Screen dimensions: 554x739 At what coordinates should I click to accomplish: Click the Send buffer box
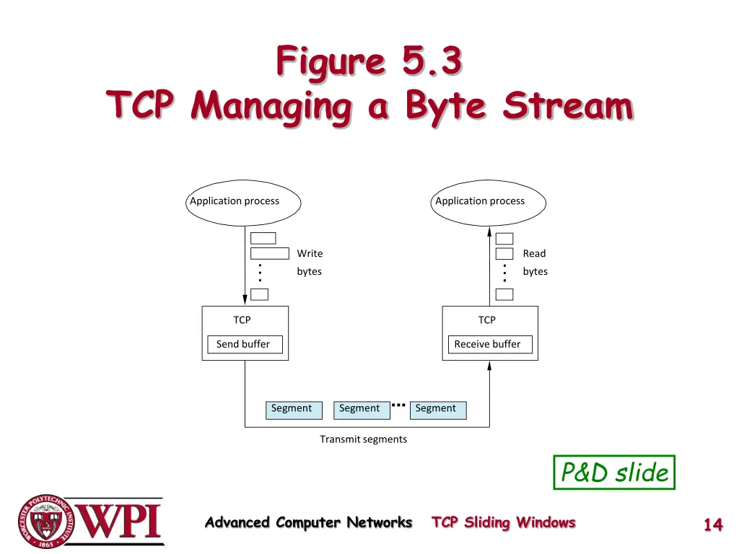point(245,344)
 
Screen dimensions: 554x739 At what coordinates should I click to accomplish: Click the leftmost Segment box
point(292,409)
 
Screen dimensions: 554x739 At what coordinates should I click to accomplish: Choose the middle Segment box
point(359,409)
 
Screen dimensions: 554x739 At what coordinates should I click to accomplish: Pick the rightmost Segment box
point(437,409)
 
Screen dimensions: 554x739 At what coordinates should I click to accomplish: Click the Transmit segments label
point(363,439)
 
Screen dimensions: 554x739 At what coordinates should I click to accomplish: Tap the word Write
point(310,253)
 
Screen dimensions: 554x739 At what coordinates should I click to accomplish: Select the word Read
point(534,253)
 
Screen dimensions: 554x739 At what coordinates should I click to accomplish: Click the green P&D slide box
point(614,472)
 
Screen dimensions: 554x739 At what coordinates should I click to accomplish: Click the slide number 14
point(713,524)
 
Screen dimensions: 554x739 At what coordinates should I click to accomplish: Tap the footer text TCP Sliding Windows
point(503,522)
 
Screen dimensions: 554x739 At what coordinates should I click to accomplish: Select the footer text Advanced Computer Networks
point(308,522)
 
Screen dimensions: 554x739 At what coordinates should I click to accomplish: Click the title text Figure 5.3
point(368,61)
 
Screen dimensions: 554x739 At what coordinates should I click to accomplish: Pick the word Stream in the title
point(568,106)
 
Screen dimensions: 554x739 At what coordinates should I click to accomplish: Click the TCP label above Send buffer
point(242,320)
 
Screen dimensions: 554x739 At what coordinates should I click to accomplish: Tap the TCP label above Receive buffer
point(487,320)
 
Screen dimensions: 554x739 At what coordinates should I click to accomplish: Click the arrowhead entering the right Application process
point(489,232)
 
